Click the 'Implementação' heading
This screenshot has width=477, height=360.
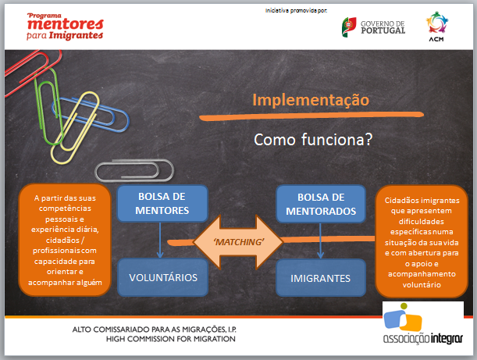pos(311,101)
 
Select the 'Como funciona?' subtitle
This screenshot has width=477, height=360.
pos(313,140)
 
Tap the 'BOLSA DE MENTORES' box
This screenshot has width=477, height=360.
pos(162,203)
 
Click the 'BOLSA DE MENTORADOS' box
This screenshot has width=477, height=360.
pos(321,204)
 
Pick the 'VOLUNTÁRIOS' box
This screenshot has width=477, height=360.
pos(163,277)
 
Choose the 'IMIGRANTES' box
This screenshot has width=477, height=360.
pos(321,278)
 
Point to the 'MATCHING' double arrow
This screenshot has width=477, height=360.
pos(239,242)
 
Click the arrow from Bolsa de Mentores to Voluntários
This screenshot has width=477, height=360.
pos(160,240)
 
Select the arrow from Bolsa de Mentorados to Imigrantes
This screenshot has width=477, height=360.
pos(320,241)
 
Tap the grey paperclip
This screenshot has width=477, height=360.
pos(133,162)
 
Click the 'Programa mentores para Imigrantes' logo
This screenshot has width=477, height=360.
pos(65,27)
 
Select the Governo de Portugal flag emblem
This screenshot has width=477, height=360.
pos(349,27)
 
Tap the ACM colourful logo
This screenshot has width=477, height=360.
pos(437,27)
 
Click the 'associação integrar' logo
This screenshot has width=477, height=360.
pos(423,323)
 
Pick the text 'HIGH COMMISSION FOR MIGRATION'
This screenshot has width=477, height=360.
pos(171,339)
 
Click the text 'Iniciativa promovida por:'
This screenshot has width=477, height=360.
pos(296,11)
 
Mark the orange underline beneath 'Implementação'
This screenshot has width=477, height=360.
pos(311,116)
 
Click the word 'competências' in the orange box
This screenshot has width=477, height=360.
pos(65,209)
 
